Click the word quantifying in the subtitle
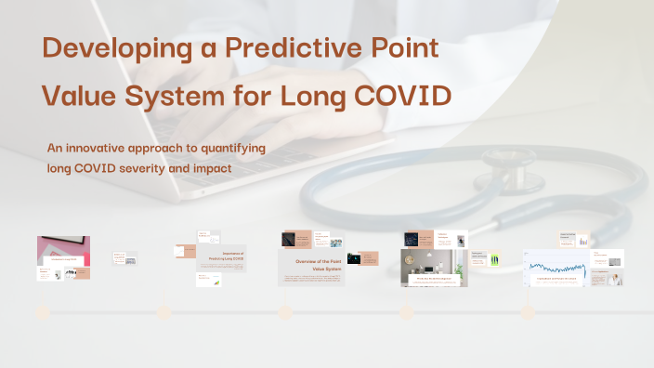coord(228,149)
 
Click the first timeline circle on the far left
coord(42,312)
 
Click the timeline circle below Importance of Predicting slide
coord(163,312)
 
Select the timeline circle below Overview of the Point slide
coord(284,312)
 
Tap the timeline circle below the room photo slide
coord(406,312)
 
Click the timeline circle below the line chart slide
coord(527,312)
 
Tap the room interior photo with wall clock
coord(433,266)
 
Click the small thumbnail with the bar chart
coord(583,241)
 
